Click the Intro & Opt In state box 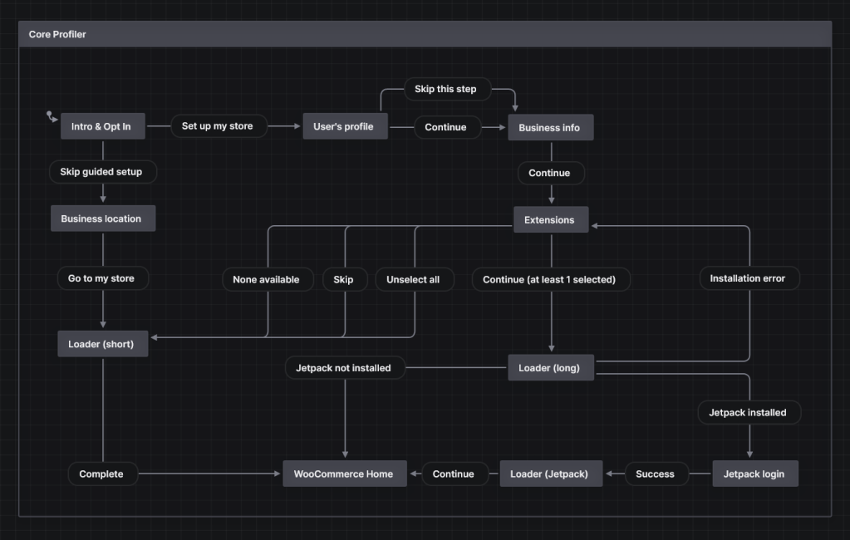click(103, 126)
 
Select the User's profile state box click(344, 126)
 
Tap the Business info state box click(550, 127)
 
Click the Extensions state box click(549, 219)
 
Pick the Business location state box click(101, 218)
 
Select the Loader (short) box click(101, 343)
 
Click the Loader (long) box click(550, 367)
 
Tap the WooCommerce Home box click(344, 474)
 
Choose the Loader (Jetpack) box click(549, 474)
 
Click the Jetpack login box click(754, 474)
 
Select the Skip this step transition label click(445, 89)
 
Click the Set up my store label click(218, 126)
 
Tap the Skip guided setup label click(101, 172)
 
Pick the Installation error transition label click(747, 278)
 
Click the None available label click(266, 279)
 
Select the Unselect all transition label click(413, 279)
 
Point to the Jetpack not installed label click(344, 367)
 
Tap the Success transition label click(656, 474)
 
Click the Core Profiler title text click(57, 34)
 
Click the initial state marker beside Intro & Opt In click(52, 116)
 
